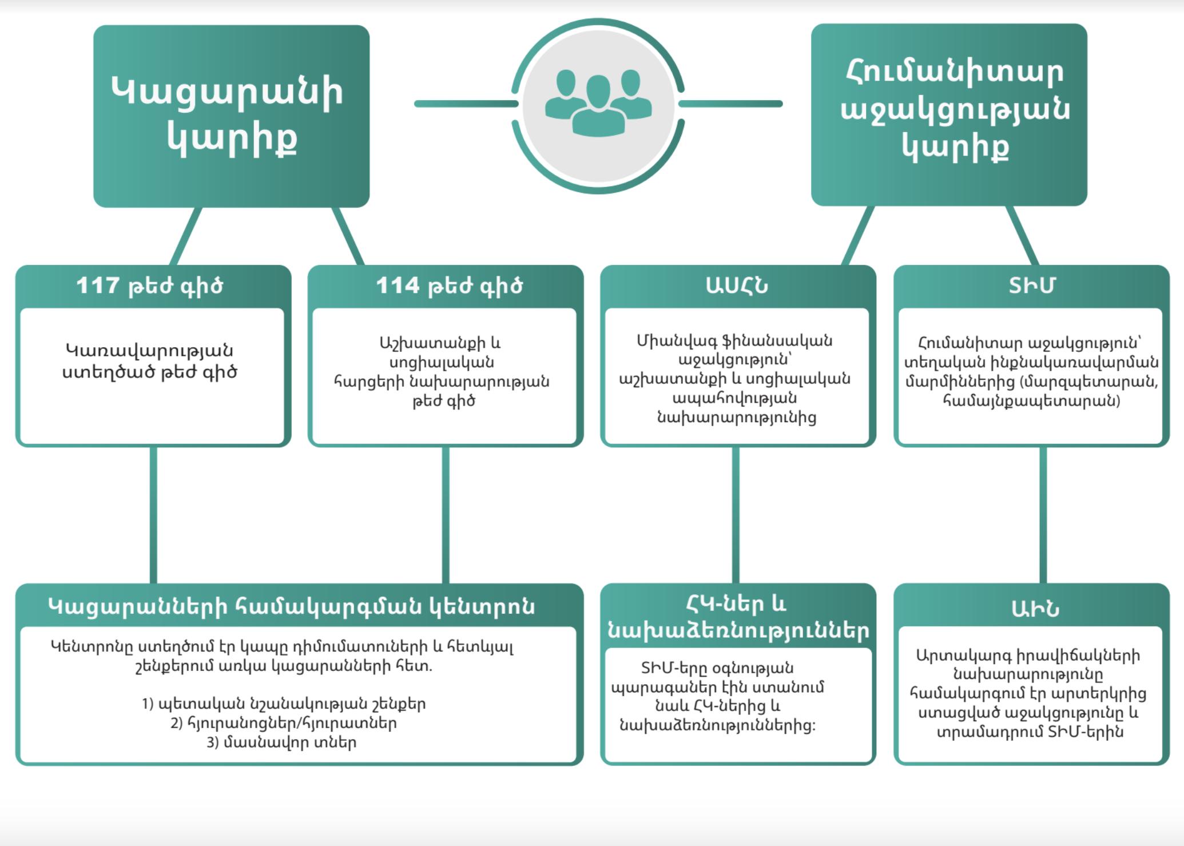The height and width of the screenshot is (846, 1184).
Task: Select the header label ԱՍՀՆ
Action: (x=737, y=285)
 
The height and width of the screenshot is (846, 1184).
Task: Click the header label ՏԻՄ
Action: (x=1031, y=285)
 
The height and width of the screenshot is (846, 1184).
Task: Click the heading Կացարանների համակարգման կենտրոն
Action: (x=292, y=606)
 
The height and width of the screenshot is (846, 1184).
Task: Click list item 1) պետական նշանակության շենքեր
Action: (x=284, y=704)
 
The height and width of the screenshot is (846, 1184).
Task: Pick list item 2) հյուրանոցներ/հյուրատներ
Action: (x=284, y=724)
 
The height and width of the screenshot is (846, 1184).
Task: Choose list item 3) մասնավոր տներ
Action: (x=282, y=742)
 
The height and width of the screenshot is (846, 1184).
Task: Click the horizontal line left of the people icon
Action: (x=466, y=104)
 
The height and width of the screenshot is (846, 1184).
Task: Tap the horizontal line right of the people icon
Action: (x=730, y=104)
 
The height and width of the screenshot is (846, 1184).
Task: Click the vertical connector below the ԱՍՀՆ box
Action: (x=736, y=515)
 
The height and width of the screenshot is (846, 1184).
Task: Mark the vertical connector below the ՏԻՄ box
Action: (x=1043, y=515)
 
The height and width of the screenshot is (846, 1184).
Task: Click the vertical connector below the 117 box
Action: (x=153, y=515)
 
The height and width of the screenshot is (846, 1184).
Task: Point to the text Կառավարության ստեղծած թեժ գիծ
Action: (x=149, y=362)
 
